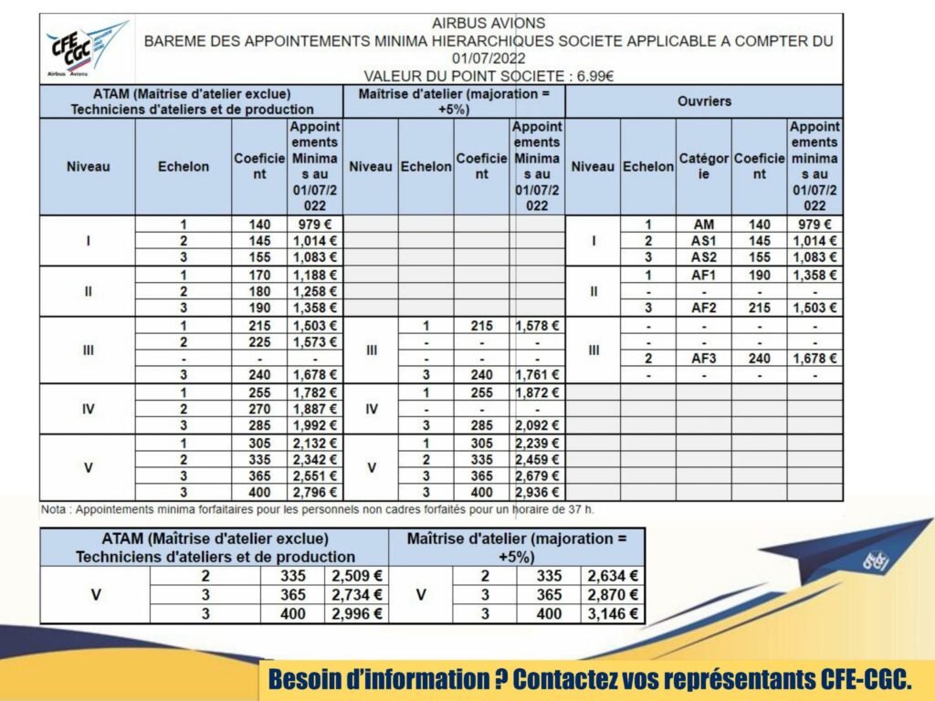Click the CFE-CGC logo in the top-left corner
tap(87, 47)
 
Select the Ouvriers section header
tap(704, 101)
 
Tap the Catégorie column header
tap(703, 166)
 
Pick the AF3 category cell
tap(703, 359)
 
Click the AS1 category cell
tap(703, 241)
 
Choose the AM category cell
tap(703, 225)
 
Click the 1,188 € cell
tap(315, 275)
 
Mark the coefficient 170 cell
tap(259, 275)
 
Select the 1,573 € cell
tap(315, 342)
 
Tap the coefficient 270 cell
tap(259, 409)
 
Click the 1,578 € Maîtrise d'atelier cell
tap(537, 326)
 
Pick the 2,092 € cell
tap(537, 425)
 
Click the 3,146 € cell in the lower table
tap(613, 613)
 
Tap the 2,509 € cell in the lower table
tap(356, 576)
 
